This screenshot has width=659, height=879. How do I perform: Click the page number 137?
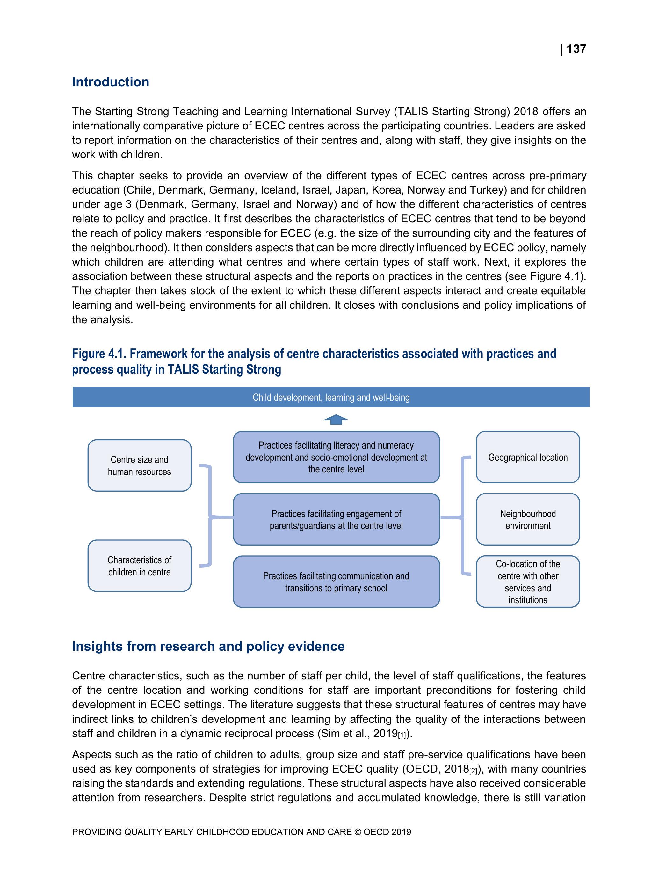(x=576, y=49)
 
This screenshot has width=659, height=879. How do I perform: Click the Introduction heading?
(x=111, y=82)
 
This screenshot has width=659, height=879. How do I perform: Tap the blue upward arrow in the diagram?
(x=336, y=420)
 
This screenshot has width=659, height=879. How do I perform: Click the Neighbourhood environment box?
(x=527, y=519)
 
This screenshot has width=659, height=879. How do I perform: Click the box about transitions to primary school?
(x=336, y=582)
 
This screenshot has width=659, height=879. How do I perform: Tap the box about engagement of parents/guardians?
(x=336, y=519)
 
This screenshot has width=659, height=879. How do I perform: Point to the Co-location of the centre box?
(x=527, y=582)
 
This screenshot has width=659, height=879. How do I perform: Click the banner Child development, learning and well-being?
(x=330, y=397)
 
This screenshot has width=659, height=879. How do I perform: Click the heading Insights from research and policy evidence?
(x=208, y=646)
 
